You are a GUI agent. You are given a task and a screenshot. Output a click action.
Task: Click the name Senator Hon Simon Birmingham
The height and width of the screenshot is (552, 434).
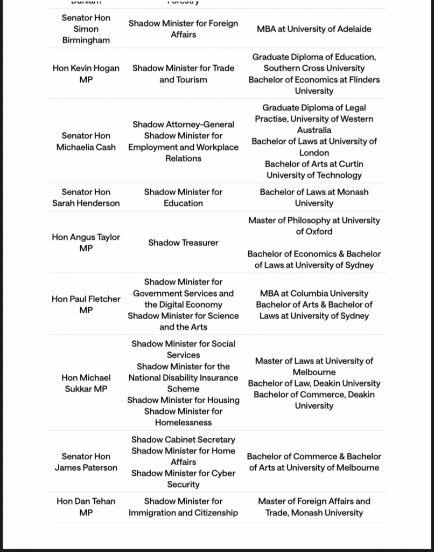pos(86,29)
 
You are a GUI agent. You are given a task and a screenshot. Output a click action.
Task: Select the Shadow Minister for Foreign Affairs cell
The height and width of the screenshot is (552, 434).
pos(183,29)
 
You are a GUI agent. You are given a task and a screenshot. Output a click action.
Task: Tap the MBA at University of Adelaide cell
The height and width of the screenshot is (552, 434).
pos(314,29)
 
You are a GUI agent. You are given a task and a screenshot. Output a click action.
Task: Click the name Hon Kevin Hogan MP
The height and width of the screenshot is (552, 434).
pos(86,74)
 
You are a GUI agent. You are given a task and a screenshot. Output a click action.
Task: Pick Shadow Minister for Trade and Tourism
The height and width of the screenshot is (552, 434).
pos(183,74)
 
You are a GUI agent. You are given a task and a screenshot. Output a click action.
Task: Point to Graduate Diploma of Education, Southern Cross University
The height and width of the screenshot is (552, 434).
pos(314,63)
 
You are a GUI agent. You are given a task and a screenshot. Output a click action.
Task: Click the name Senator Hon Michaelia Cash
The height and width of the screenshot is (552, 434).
pos(86,141)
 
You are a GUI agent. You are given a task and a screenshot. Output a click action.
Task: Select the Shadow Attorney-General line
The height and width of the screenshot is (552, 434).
pos(183,125)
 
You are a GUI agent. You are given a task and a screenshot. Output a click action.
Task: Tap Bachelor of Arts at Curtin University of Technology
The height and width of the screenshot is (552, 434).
pos(314,169)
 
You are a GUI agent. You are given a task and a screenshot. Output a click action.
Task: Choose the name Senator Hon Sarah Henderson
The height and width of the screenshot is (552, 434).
pos(86,197)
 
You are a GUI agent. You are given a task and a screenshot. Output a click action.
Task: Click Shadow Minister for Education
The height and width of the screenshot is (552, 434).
pos(183,197)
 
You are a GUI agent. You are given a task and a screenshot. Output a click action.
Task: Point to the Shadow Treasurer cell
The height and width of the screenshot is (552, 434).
pos(183,243)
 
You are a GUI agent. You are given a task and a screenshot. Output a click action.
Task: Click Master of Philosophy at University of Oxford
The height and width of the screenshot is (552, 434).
pos(314,226)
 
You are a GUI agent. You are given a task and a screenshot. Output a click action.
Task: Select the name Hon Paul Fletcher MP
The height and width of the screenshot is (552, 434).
pos(86,305)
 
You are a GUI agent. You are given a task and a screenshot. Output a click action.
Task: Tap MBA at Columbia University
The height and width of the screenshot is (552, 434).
pos(314,293)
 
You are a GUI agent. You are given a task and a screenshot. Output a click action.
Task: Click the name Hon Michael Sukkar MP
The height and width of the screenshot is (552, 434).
pos(86,383)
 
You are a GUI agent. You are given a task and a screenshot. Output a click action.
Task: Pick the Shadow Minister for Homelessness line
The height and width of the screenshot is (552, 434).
pos(183,417)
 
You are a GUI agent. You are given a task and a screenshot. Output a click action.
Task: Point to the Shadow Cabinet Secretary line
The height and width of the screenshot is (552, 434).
pos(183,439)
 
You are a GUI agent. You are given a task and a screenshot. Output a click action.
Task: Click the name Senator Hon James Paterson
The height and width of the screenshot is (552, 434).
pos(86,462)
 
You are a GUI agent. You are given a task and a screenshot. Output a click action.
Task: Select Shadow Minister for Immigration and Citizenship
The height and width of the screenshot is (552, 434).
pos(183,507)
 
